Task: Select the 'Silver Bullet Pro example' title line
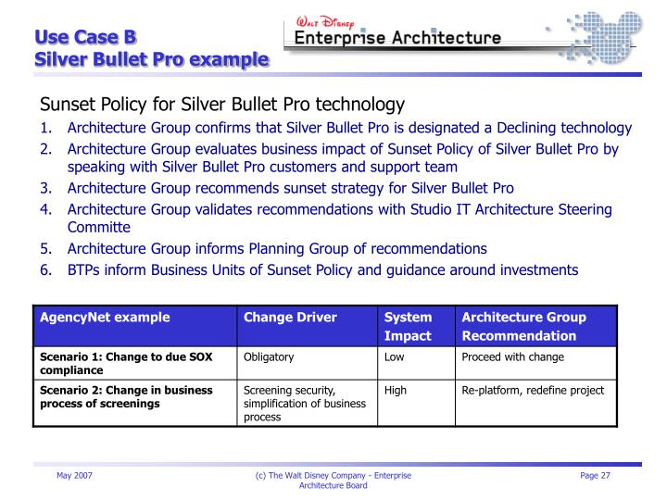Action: pyautogui.click(x=152, y=60)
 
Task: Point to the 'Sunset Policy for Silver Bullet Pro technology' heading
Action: pyautogui.click(x=221, y=105)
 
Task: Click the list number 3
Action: pyautogui.click(x=44, y=188)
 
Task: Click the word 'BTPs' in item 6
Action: pyautogui.click(x=84, y=269)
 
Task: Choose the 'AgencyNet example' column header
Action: pyautogui.click(x=105, y=318)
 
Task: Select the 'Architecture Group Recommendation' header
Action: pyautogui.click(x=523, y=327)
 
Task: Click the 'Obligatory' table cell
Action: pyautogui.click(x=269, y=357)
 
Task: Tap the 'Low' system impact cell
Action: pyautogui.click(x=395, y=357)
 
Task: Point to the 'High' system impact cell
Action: pyautogui.click(x=396, y=390)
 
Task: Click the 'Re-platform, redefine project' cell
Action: pyautogui.click(x=533, y=390)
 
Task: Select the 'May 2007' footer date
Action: pyautogui.click(x=74, y=475)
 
